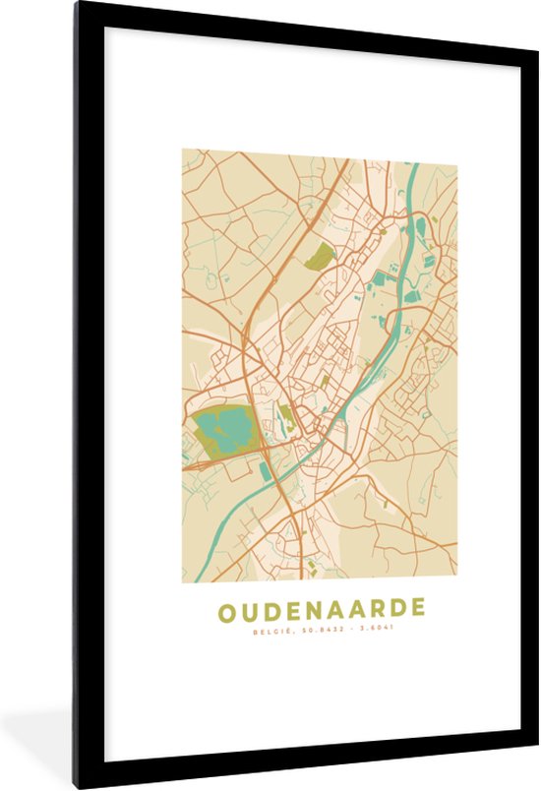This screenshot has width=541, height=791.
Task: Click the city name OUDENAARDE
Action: click(321, 609)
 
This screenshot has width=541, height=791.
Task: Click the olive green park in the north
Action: click(320, 257)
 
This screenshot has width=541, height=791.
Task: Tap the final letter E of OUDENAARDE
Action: click(417, 609)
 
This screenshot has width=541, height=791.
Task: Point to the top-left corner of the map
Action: click(182, 150)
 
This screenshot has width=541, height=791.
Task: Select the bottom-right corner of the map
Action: click(456, 581)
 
